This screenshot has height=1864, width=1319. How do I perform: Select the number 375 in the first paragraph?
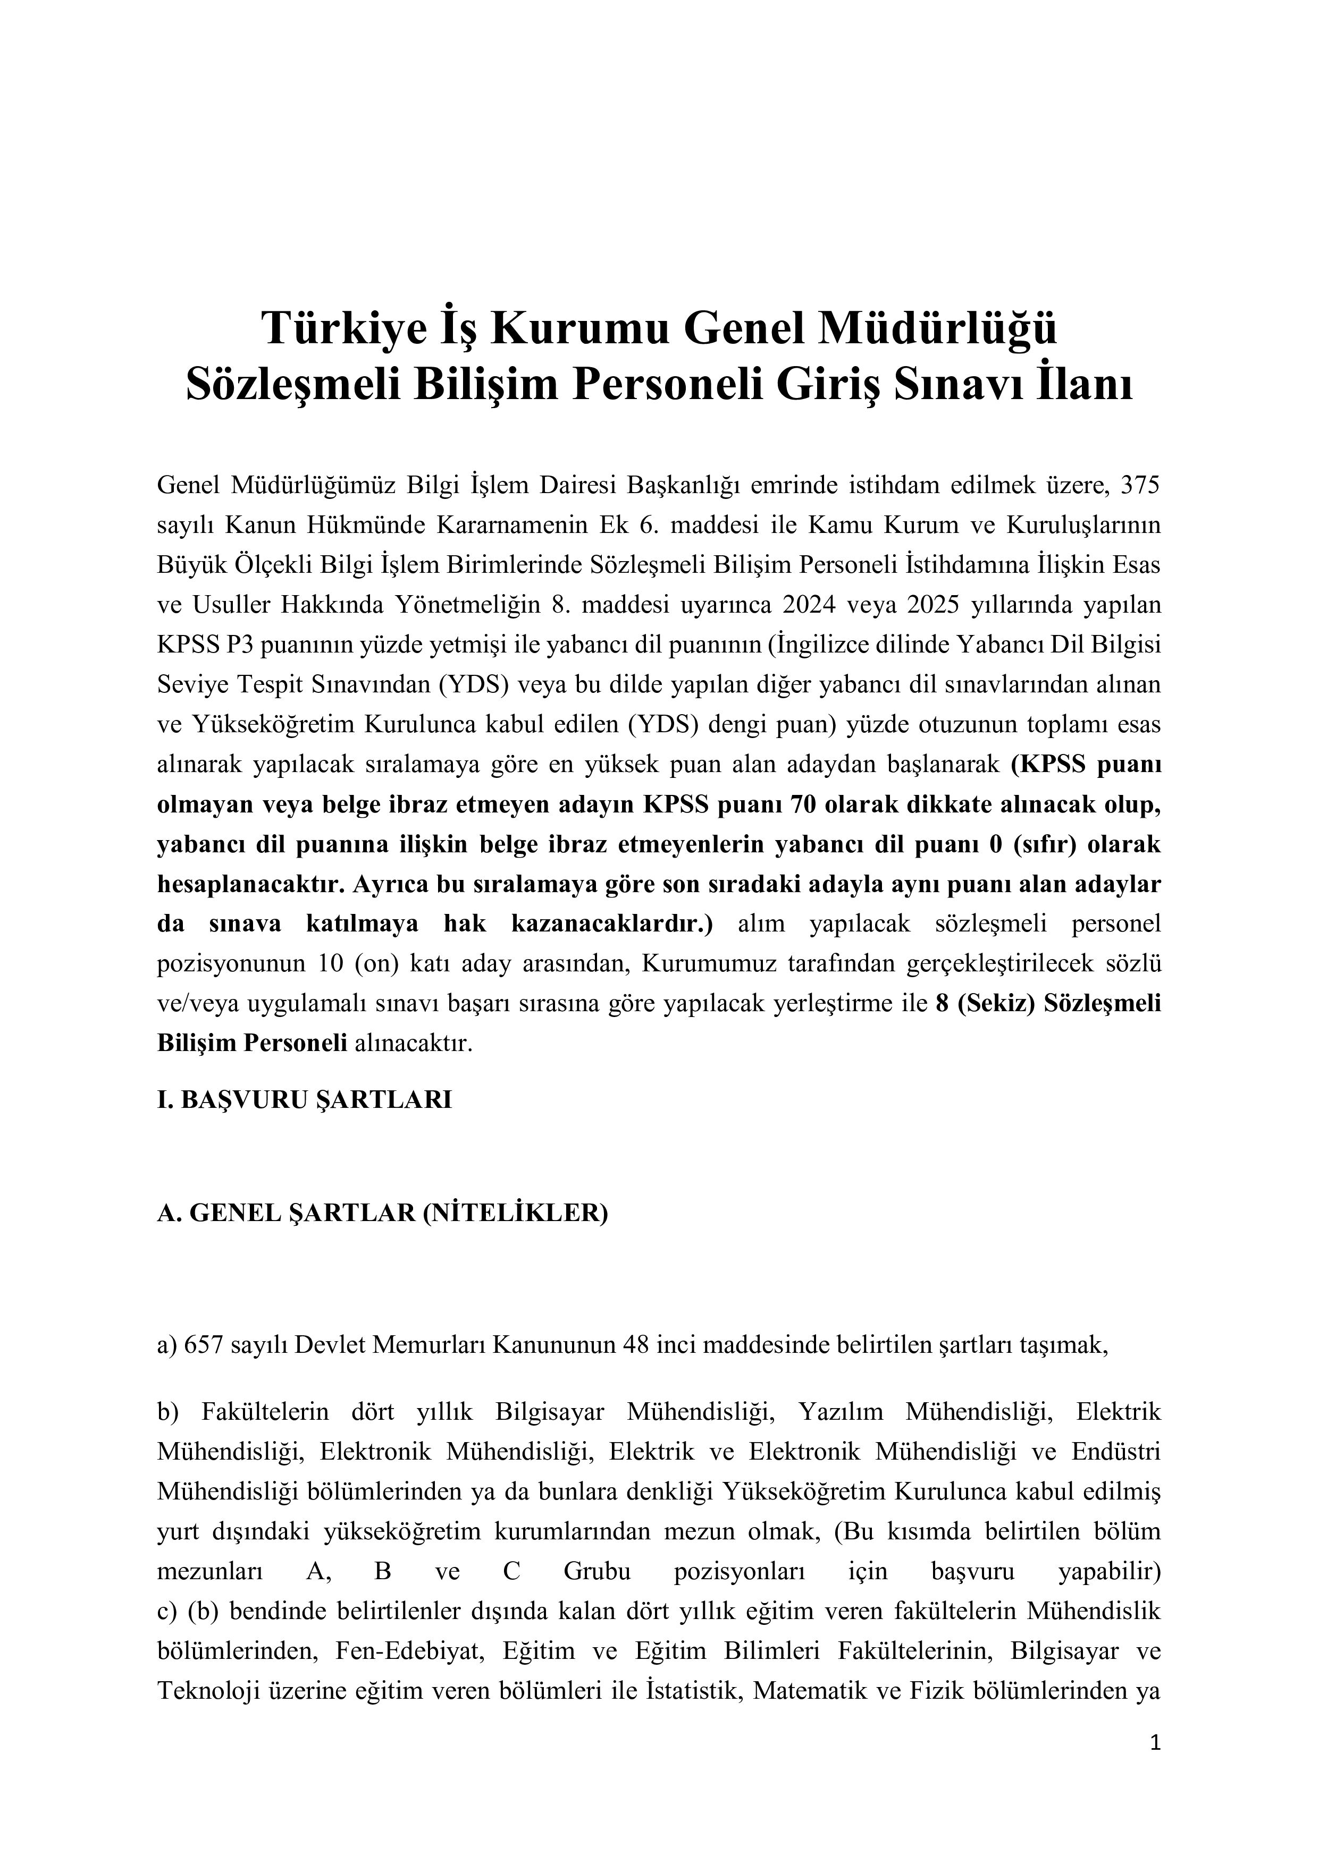[x=1140, y=486]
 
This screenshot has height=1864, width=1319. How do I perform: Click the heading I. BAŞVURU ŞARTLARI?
[x=305, y=1099]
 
